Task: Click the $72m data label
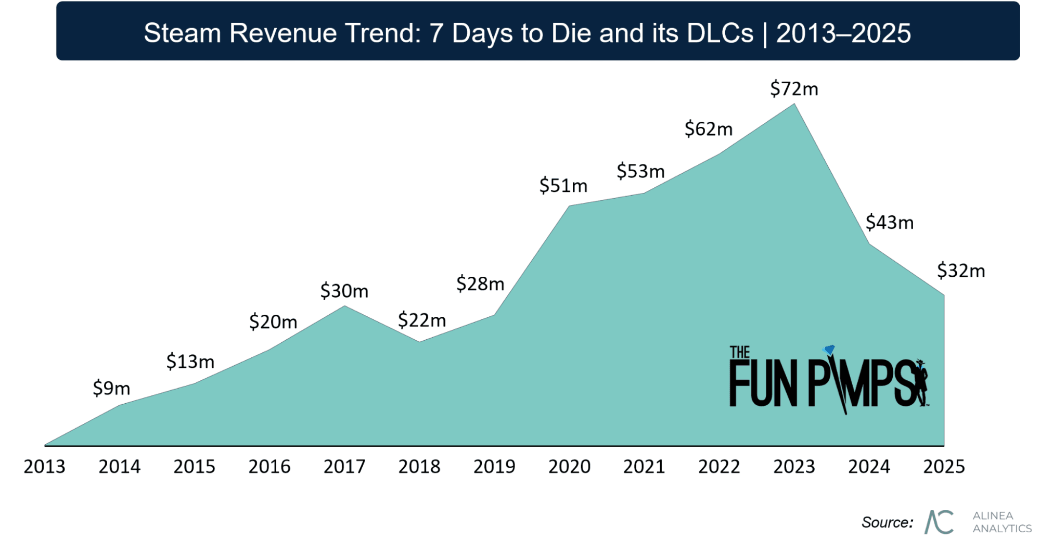click(794, 89)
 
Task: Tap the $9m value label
click(111, 388)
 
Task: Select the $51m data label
click(563, 186)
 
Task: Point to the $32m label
click(961, 271)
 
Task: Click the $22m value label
click(422, 320)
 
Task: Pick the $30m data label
click(344, 291)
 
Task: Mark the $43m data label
click(889, 223)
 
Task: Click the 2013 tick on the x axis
click(44, 467)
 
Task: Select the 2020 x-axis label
click(569, 467)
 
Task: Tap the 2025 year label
click(944, 467)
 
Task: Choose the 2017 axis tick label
click(344, 467)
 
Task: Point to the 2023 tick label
click(794, 467)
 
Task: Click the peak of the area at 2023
click(794, 104)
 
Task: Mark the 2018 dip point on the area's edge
click(419, 342)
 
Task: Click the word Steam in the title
click(182, 33)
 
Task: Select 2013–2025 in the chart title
click(843, 33)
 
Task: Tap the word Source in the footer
click(887, 522)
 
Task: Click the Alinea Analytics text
click(1002, 522)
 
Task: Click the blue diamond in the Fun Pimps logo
click(829, 350)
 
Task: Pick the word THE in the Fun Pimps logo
click(739, 352)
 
